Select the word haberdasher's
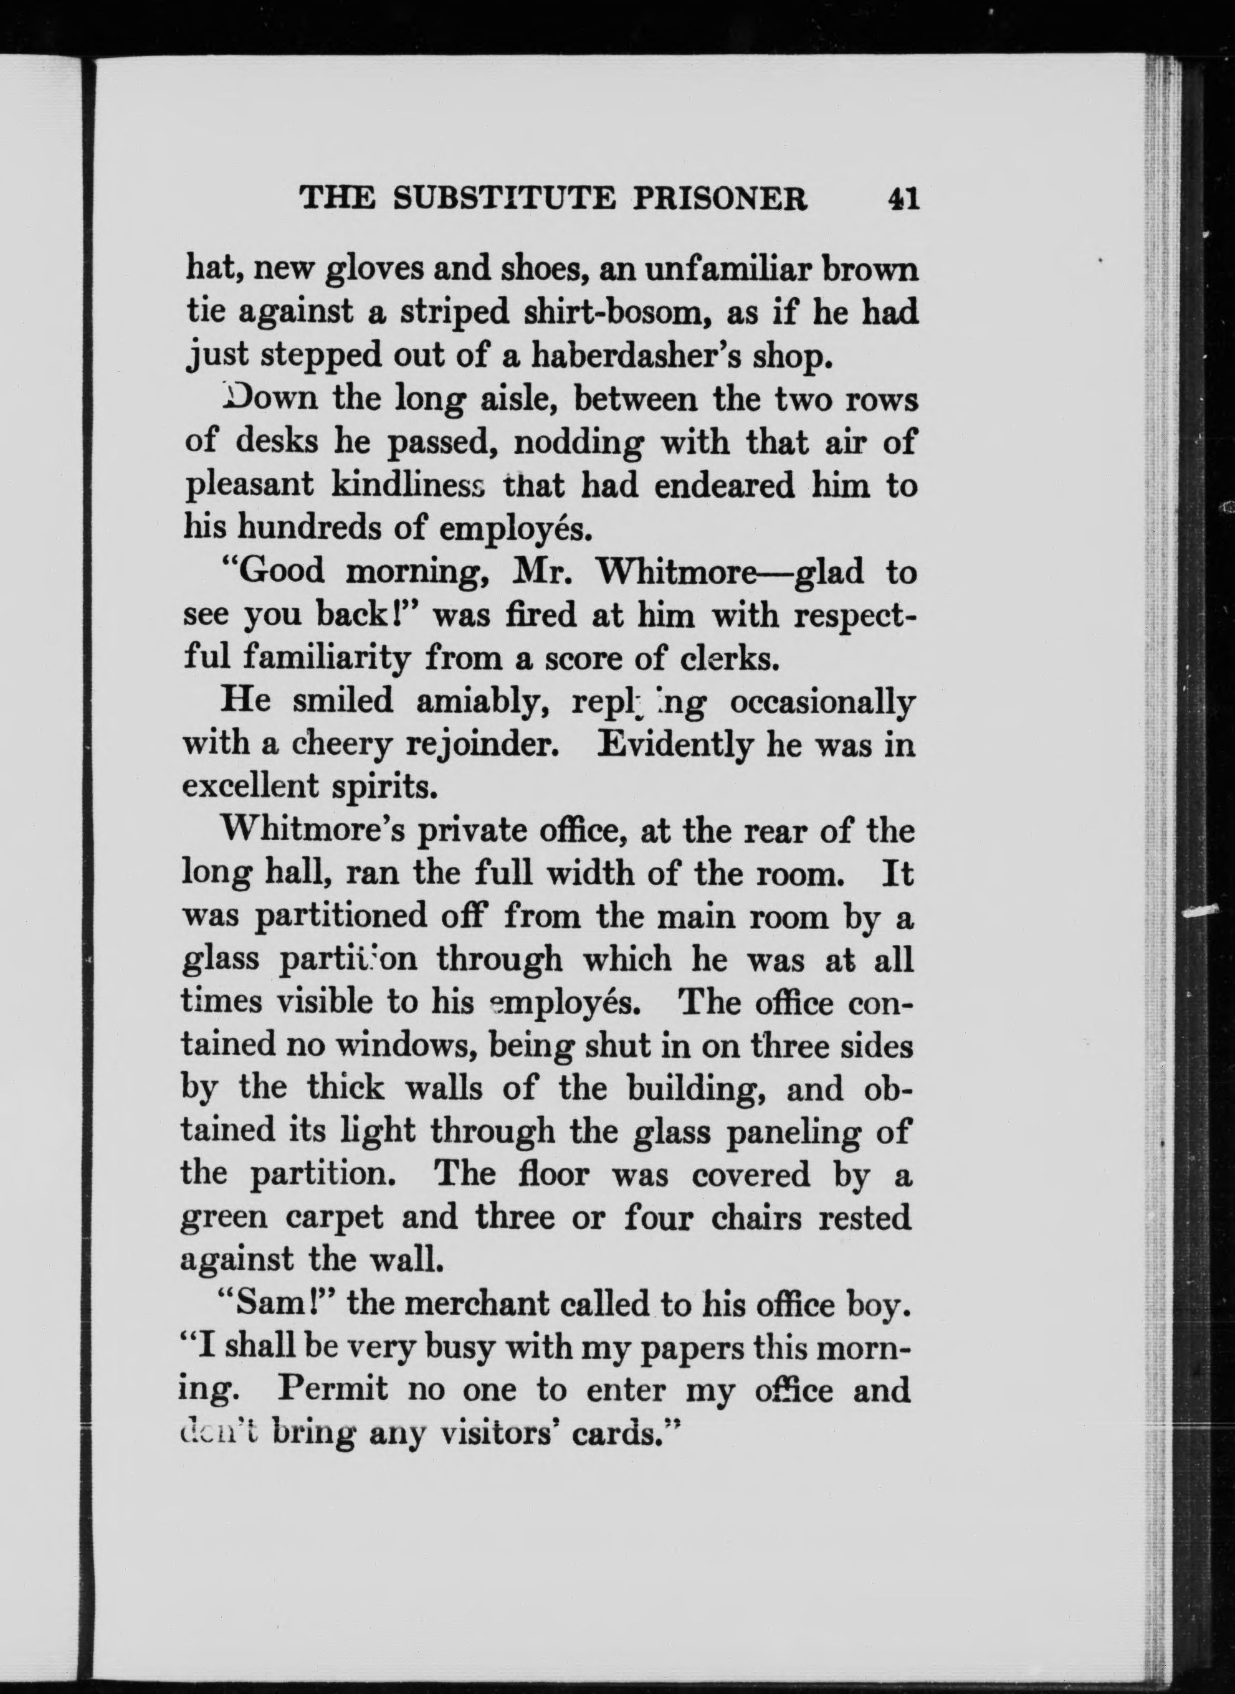[x=661, y=356]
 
